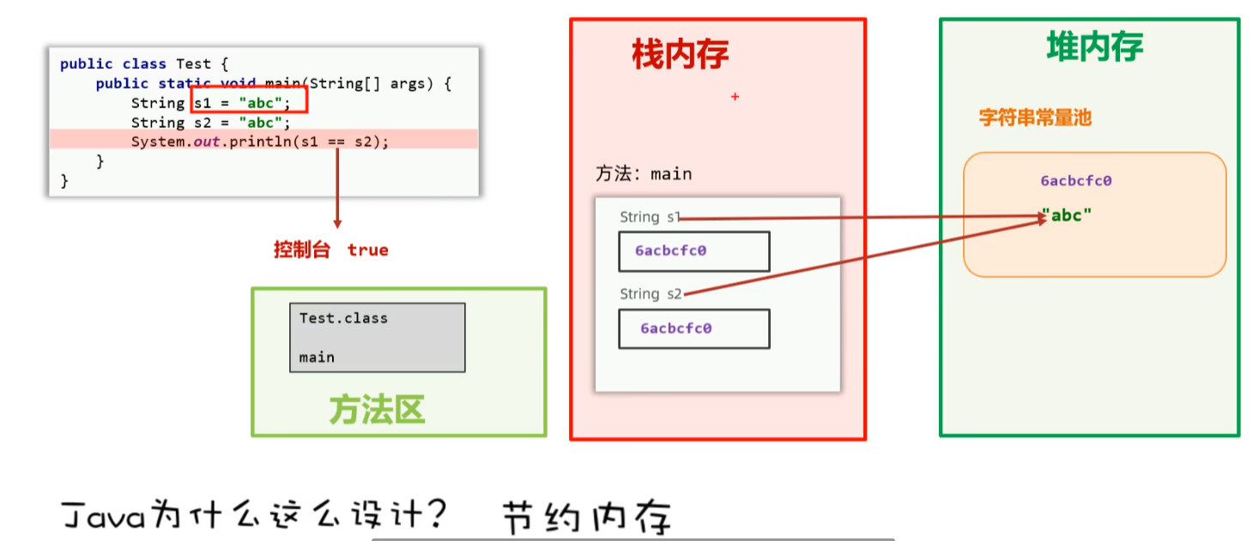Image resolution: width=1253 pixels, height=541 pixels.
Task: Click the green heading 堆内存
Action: coord(1094,46)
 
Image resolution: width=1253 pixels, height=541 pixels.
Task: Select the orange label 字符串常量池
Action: coord(1035,118)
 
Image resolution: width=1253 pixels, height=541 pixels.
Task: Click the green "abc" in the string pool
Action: coord(1067,216)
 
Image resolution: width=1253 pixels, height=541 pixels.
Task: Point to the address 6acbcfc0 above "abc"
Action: coord(1076,181)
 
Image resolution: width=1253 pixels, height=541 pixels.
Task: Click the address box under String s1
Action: coord(693,252)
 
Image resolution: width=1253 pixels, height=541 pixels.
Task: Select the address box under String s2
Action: coord(693,329)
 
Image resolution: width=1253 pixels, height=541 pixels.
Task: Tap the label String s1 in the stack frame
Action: coord(650,217)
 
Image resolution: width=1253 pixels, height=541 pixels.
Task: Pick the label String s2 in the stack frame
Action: coord(651,295)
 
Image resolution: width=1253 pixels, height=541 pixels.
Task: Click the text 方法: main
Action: coord(644,174)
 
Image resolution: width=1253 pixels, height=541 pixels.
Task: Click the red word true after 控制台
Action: coord(368,250)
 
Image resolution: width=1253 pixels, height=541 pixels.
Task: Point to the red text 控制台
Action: coord(301,250)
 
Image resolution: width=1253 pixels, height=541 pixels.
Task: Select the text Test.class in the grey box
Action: coord(343,318)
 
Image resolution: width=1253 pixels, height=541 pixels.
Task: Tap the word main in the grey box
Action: coord(317,357)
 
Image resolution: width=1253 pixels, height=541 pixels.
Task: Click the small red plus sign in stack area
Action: coord(735,97)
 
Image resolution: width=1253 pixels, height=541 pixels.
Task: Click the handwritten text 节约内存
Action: coord(586,518)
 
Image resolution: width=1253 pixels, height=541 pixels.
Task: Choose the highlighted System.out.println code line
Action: coord(260,142)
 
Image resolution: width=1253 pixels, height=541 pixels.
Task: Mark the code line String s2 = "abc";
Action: coord(211,123)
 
